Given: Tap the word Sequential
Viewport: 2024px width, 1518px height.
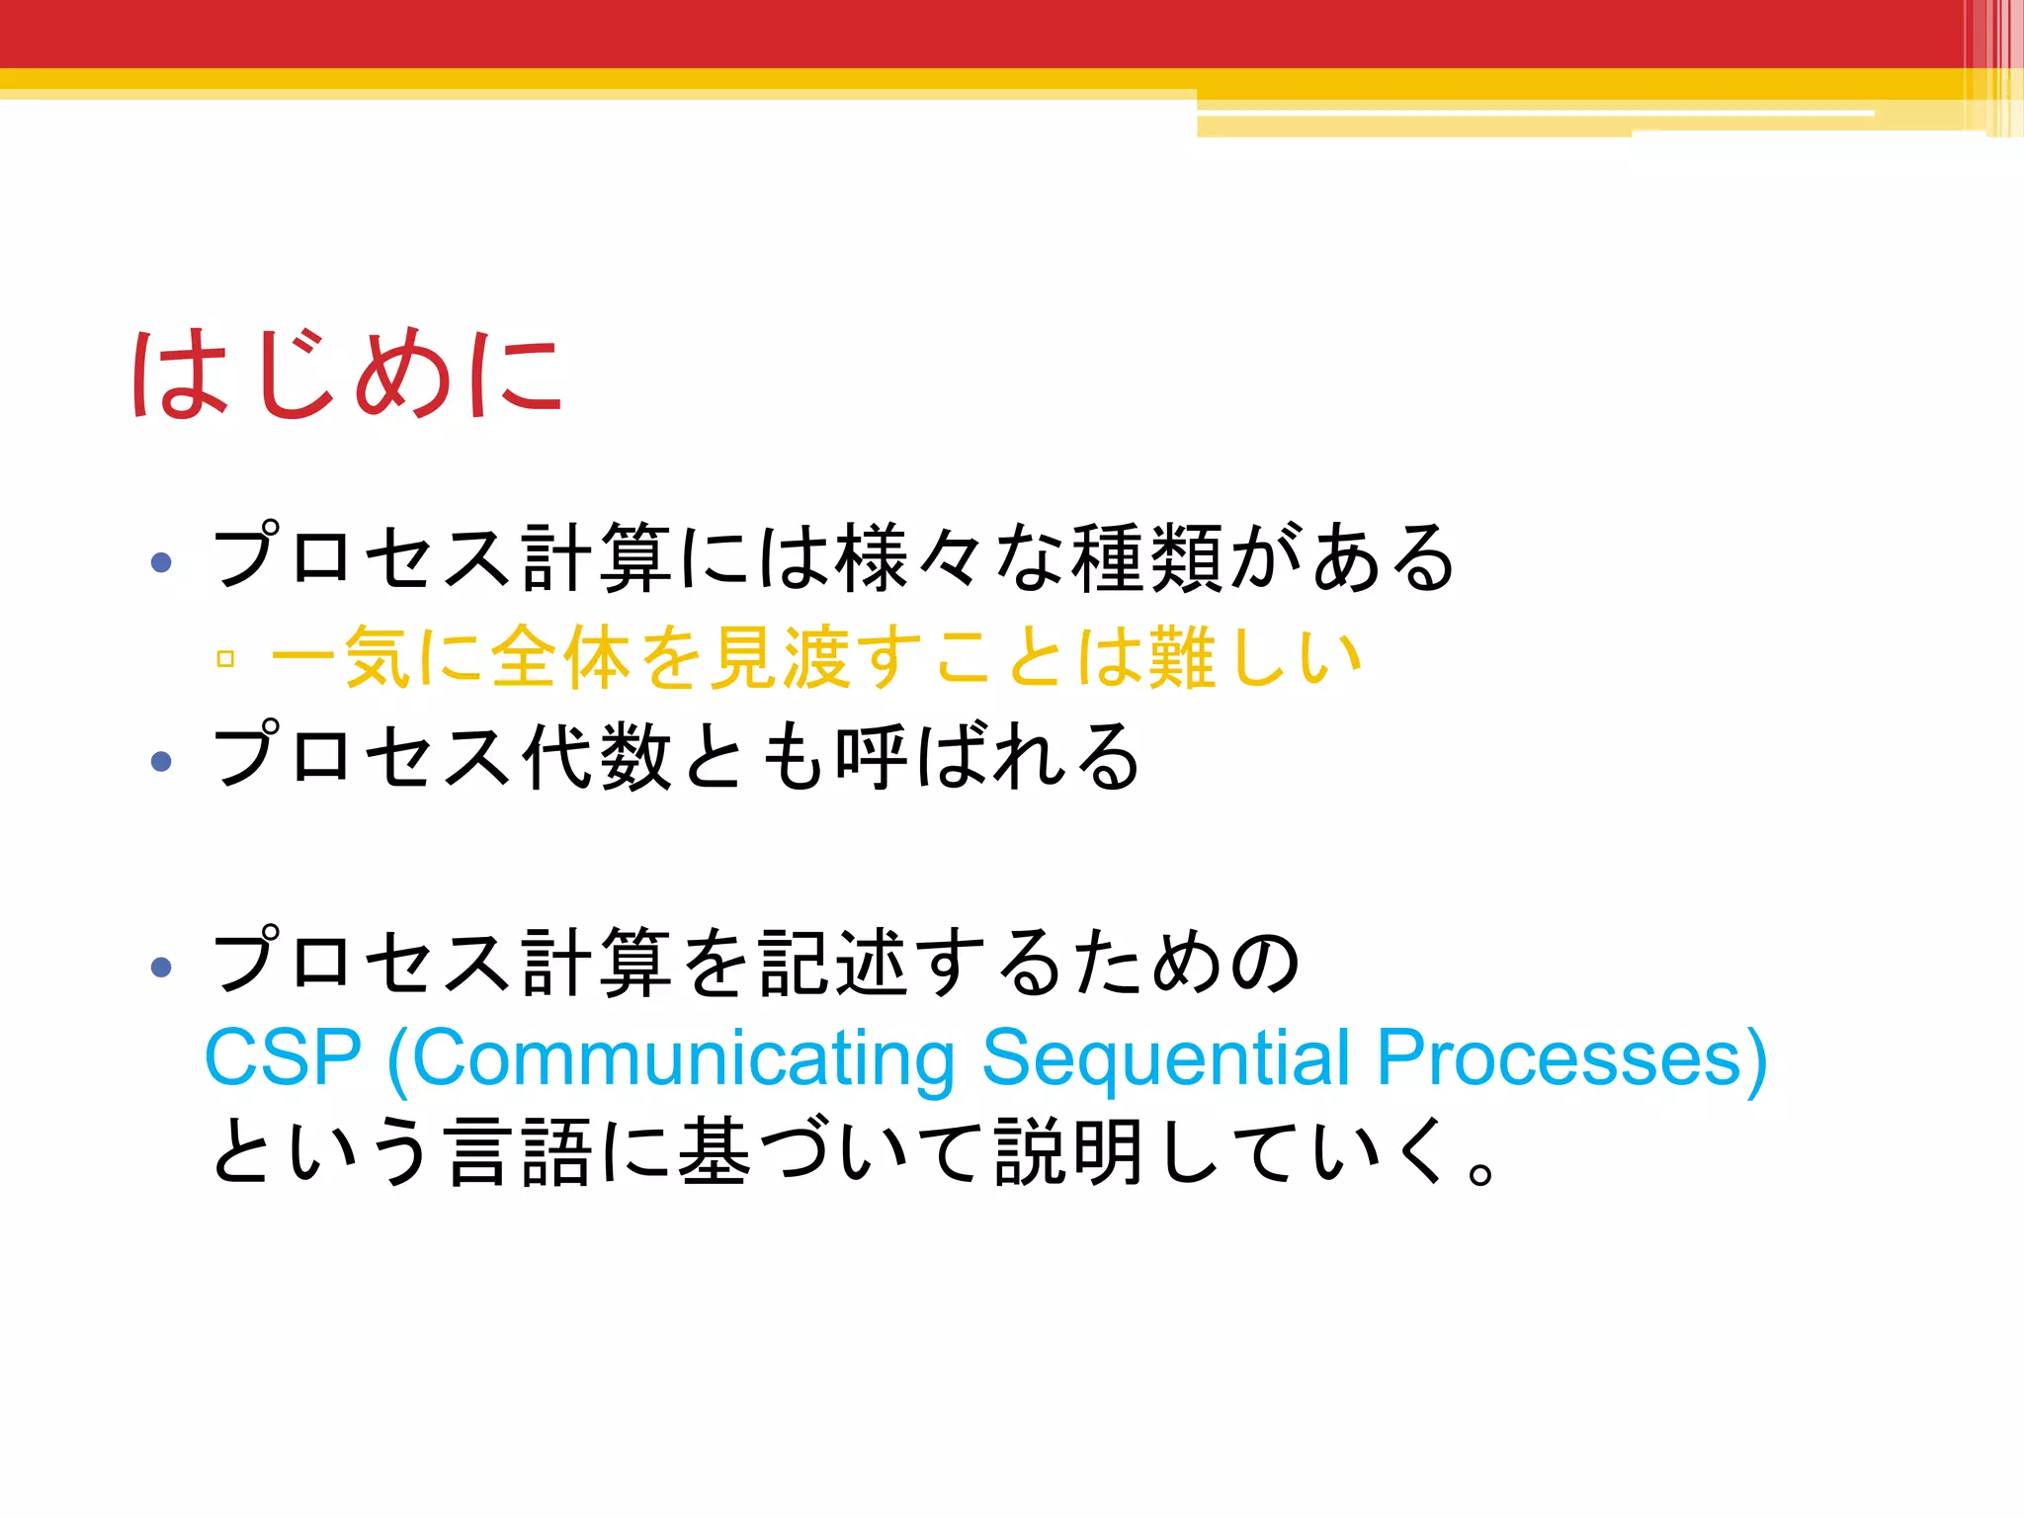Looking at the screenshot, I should coord(1166,1058).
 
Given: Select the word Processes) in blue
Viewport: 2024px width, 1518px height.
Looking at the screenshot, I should coord(1571,1058).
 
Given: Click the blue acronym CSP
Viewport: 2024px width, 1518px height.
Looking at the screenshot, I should coord(283,1058).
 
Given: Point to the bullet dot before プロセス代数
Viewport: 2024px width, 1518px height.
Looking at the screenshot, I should coord(161,761).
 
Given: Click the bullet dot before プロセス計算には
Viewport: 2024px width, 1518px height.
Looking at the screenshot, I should coord(161,562).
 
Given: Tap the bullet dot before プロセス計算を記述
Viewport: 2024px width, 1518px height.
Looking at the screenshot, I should coord(161,966).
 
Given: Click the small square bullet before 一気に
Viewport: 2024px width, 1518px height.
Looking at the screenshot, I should coord(225,659).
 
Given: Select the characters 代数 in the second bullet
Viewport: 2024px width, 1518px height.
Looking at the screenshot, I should coord(598,757).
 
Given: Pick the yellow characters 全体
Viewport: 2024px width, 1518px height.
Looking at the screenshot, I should coord(561,657).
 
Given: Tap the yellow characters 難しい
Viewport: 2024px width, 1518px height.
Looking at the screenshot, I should coord(1255,657).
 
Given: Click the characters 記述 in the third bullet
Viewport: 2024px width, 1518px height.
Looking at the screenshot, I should coord(832,963).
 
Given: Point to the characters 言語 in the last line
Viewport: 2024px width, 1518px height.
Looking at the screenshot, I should coord(520,1152).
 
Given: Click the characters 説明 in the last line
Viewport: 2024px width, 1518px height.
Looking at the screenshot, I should coord(1069,1152).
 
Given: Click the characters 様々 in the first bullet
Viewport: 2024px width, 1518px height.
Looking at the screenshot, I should coord(910,558).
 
